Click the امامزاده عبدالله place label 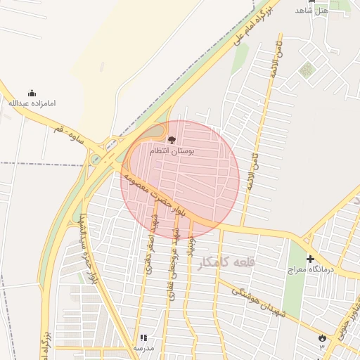(32, 103)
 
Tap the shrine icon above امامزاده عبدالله (32, 93)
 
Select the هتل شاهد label (311, 10)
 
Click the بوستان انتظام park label (172, 151)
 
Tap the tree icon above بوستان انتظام (172, 141)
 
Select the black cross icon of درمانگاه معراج (310, 259)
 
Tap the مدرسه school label (143, 348)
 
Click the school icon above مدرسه (143, 338)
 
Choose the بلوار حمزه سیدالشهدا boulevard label (88, 245)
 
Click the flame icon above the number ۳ (322, 338)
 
